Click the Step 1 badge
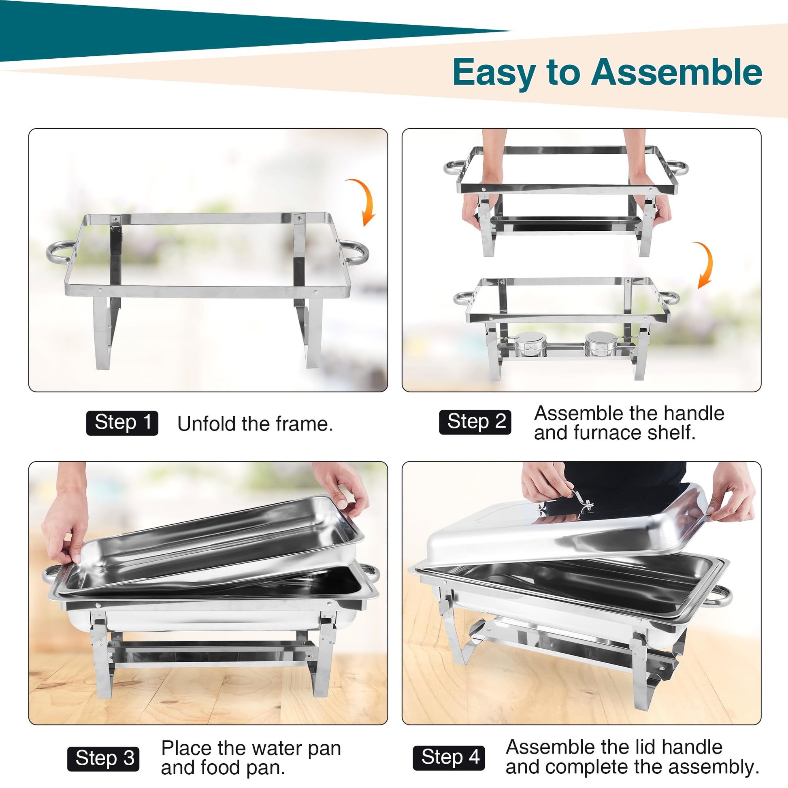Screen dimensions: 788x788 122,423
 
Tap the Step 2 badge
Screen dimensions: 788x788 475,422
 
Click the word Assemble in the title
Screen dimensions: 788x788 677,72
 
